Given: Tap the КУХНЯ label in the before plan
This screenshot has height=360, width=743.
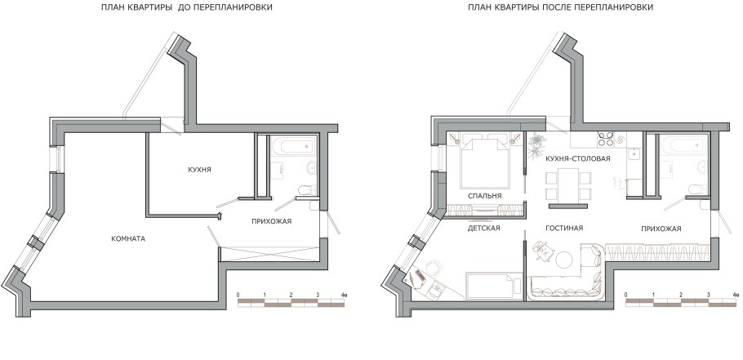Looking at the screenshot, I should coord(199,170).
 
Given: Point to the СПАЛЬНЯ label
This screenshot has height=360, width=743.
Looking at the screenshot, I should coord(484,197).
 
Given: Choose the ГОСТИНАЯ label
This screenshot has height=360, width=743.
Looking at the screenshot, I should coord(563,228).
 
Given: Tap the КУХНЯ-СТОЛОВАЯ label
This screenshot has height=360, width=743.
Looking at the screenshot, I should coord(578,158).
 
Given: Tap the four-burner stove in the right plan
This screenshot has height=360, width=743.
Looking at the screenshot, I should coord(607,138).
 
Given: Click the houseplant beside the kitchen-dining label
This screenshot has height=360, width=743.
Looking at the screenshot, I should coord(536,145).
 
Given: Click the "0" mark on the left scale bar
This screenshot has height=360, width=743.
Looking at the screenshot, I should coord(238,293).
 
